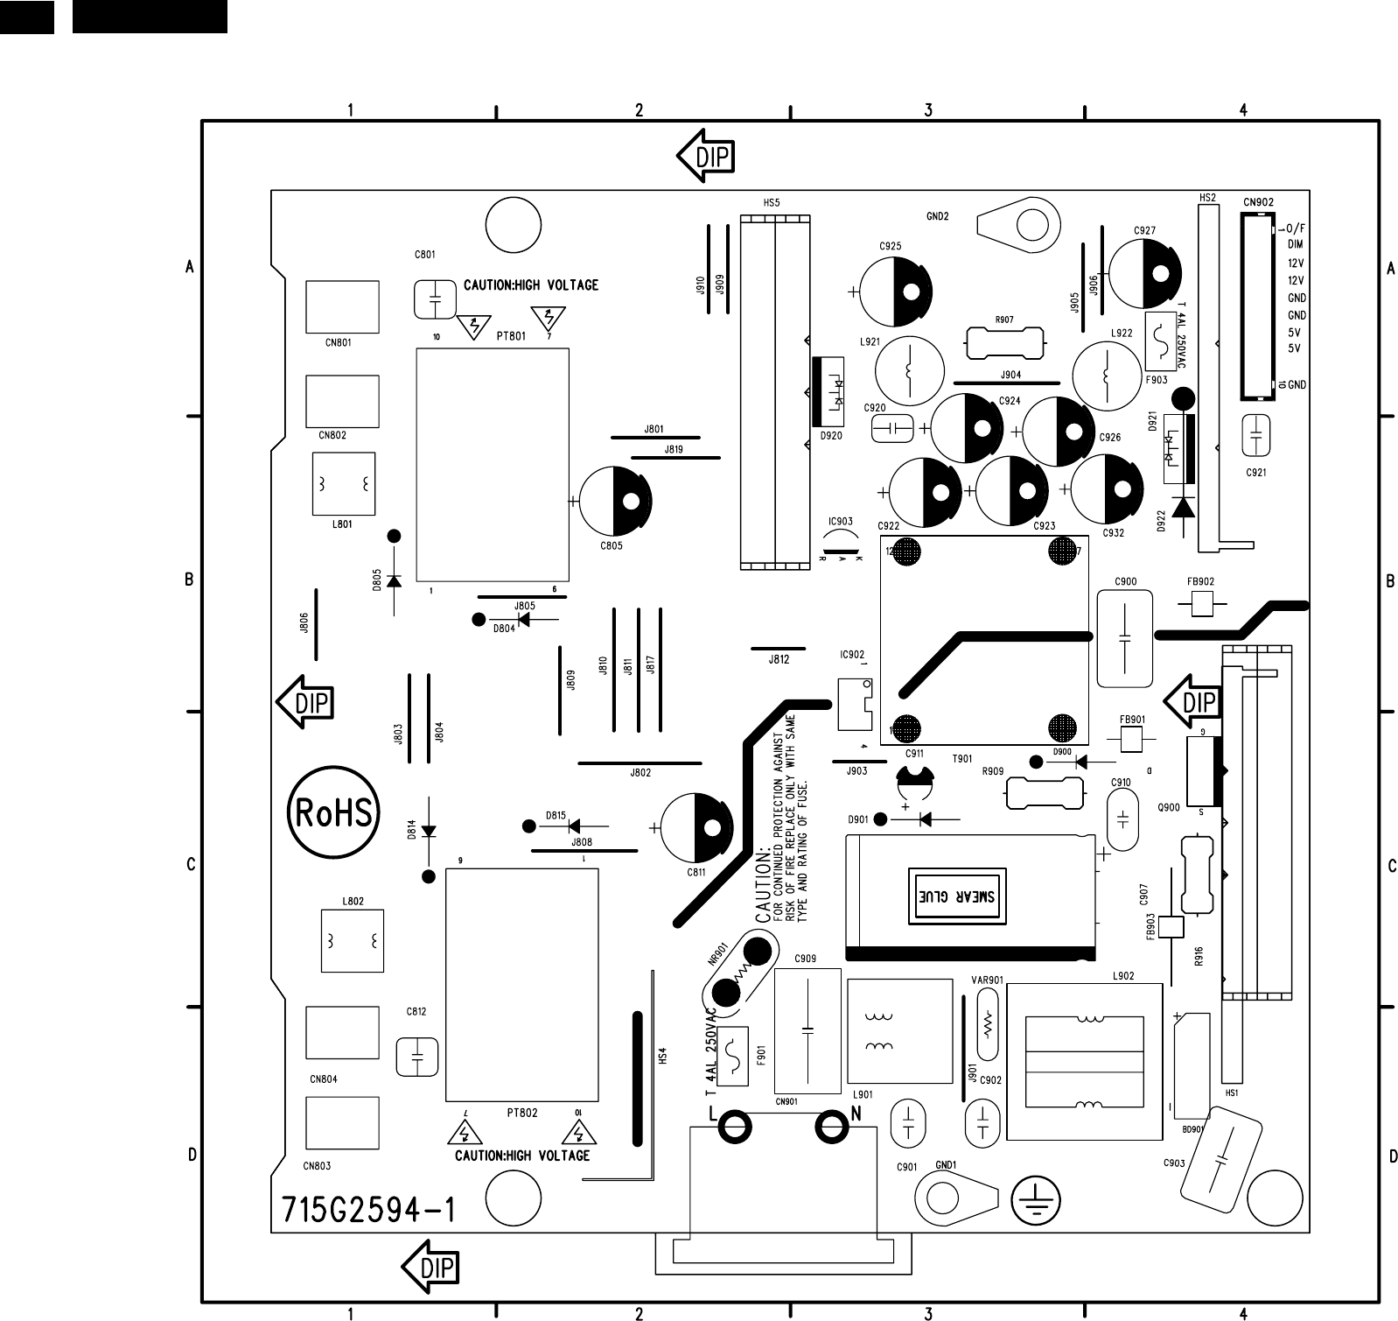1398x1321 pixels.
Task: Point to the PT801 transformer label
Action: tap(512, 336)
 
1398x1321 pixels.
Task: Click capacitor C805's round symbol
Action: tap(616, 502)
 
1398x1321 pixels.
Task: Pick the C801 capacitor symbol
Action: tap(435, 299)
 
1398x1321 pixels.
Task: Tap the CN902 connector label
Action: tap(1258, 202)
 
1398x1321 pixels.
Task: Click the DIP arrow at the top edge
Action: tap(706, 157)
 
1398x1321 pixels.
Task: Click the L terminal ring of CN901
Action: tap(735, 1128)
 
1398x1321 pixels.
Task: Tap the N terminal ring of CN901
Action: tap(831, 1128)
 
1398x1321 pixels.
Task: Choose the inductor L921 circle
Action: tap(910, 371)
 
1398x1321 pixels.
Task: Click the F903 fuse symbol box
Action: tap(1160, 341)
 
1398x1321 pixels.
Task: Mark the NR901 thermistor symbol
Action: tap(741, 972)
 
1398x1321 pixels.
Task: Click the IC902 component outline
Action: tap(855, 703)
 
